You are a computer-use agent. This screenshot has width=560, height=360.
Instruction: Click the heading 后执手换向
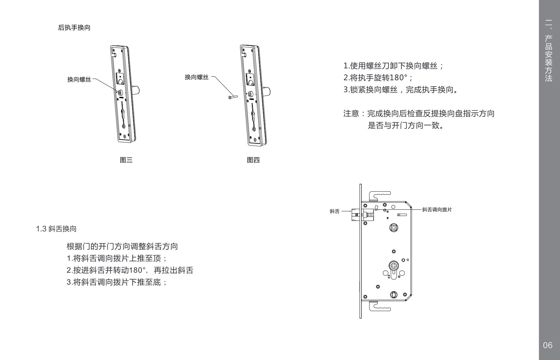(x=74, y=28)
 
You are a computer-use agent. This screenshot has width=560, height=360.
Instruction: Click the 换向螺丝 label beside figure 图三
(x=79, y=80)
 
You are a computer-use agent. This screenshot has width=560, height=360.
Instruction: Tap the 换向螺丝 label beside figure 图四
(x=197, y=77)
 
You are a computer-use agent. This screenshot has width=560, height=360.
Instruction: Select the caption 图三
(x=126, y=160)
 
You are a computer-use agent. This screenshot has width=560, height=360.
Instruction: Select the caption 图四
(x=253, y=160)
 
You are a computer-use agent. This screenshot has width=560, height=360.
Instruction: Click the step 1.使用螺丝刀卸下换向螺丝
(x=393, y=66)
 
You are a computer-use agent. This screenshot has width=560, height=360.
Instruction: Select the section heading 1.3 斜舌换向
(x=56, y=229)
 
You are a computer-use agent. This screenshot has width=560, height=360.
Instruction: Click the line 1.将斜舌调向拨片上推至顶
(x=116, y=258)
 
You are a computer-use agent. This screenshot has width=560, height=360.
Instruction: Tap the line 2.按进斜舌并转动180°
(x=130, y=270)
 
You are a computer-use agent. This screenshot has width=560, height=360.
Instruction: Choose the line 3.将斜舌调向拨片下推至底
(x=116, y=282)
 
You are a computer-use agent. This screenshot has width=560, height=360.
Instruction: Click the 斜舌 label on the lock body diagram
(x=334, y=211)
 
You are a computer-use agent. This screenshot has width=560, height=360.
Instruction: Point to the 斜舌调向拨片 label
(x=437, y=209)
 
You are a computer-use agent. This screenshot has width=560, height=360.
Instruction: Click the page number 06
(x=547, y=345)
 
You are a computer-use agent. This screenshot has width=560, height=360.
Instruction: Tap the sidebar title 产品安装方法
(x=548, y=58)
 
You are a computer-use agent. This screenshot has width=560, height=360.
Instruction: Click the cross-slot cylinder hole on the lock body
(x=394, y=266)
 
